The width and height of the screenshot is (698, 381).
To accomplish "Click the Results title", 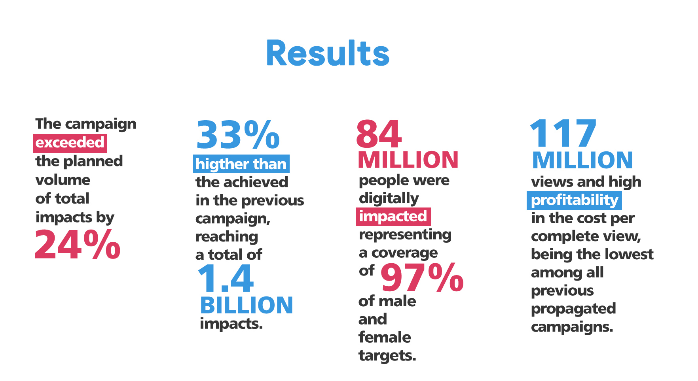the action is click(328, 53).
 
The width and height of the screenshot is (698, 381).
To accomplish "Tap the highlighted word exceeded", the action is click(70, 143).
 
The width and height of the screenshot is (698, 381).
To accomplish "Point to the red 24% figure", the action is click(78, 244).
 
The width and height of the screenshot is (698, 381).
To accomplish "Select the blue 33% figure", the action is click(238, 135).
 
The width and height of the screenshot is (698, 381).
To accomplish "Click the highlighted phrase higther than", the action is click(241, 164).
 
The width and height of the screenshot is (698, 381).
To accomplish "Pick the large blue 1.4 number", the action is click(225, 278).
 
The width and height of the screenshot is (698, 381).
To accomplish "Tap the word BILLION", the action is click(247, 305).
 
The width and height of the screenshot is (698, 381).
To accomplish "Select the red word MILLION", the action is click(408, 160).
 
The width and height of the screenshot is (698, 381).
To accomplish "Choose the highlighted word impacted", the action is click(393, 217).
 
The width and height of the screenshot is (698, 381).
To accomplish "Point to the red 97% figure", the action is click(422, 277).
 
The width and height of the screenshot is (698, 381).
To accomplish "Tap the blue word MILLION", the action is click(582, 160).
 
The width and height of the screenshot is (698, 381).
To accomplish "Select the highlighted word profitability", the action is click(574, 200).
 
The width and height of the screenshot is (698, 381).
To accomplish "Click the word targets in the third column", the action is click(387, 356).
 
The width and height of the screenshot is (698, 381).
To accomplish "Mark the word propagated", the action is click(573, 309).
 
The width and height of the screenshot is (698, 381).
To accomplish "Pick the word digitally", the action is click(389, 198).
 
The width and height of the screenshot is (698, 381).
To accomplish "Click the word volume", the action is click(63, 180).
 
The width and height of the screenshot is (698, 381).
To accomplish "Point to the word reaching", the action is click(227, 237).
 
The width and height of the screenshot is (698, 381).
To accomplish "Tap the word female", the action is click(385, 337).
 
